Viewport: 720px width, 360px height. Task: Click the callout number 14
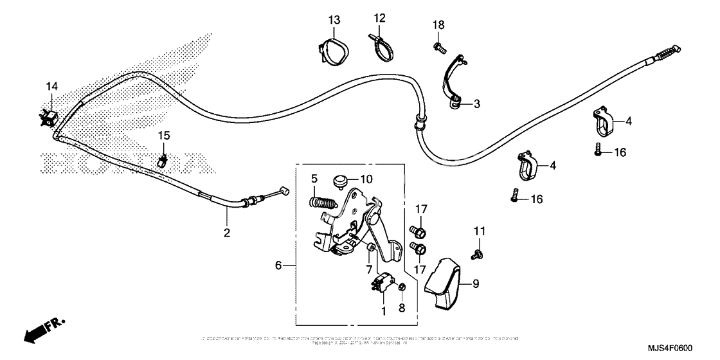click(x=51, y=85)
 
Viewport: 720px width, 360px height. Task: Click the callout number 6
click(x=278, y=265)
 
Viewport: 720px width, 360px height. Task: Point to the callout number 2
click(x=226, y=233)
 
